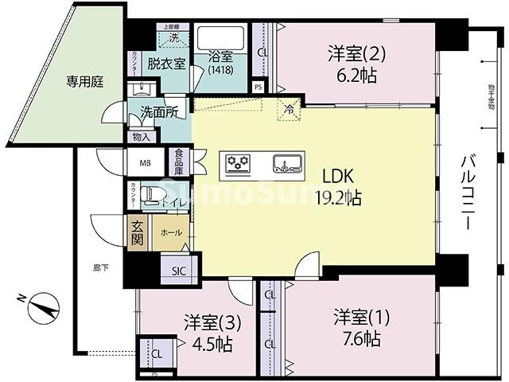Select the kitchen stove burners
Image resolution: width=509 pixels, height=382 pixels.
[x=239, y=163]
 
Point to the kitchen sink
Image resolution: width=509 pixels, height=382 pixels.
[x=286, y=164]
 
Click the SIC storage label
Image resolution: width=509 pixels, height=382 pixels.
[x=178, y=271]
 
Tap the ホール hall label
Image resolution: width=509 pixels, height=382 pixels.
[x=170, y=232]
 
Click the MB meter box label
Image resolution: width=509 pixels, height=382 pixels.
[x=146, y=164]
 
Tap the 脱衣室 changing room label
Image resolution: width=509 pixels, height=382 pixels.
[x=167, y=64]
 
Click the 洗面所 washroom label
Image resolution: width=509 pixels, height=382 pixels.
[x=159, y=112]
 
